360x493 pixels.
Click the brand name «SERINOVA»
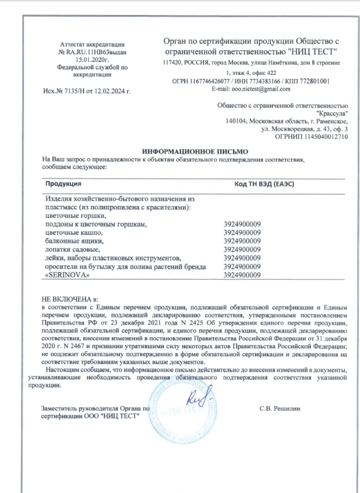point(64,276)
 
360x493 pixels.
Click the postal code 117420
point(174,62)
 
